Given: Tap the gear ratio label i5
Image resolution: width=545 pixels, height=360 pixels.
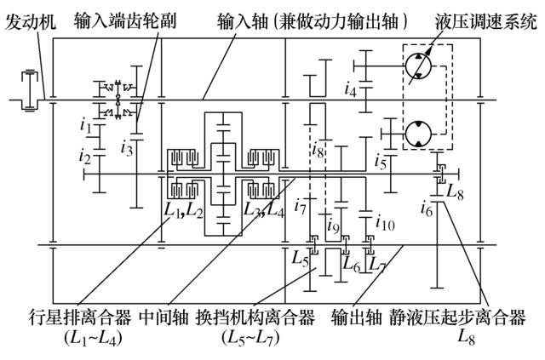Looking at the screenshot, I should [x=381, y=158].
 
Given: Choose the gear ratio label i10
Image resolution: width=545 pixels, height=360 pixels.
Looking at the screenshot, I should [x=385, y=224].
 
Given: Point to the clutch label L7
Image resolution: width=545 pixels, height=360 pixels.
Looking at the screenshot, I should [x=382, y=263].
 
